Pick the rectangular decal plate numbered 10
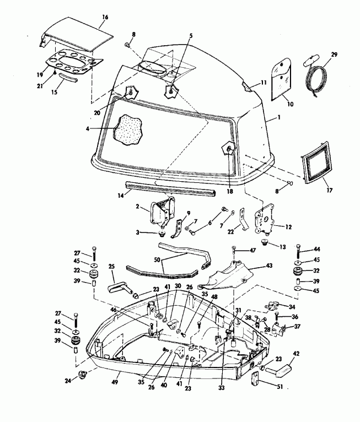[x=284, y=81]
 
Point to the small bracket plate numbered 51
[x=256, y=380]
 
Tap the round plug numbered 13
[x=265, y=242]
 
